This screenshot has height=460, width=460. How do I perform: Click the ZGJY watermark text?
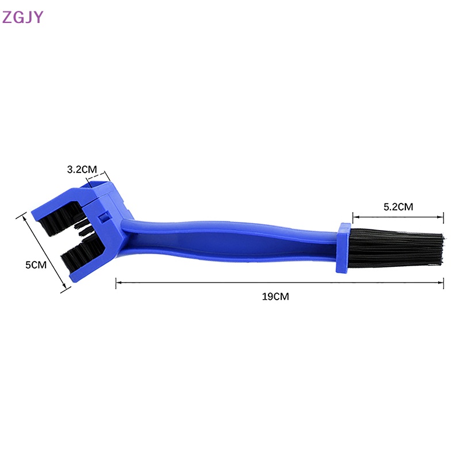pos(22,17)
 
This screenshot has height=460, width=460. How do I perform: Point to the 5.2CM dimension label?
pos(398,206)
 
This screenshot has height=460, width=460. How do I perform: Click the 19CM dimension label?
pos(275,296)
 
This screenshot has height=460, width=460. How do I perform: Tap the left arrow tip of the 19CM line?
pos(117,282)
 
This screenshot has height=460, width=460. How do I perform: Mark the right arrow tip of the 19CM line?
pos(443,282)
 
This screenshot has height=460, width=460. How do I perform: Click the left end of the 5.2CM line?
pos(353,217)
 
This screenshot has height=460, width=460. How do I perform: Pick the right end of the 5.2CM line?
pos(443,217)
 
